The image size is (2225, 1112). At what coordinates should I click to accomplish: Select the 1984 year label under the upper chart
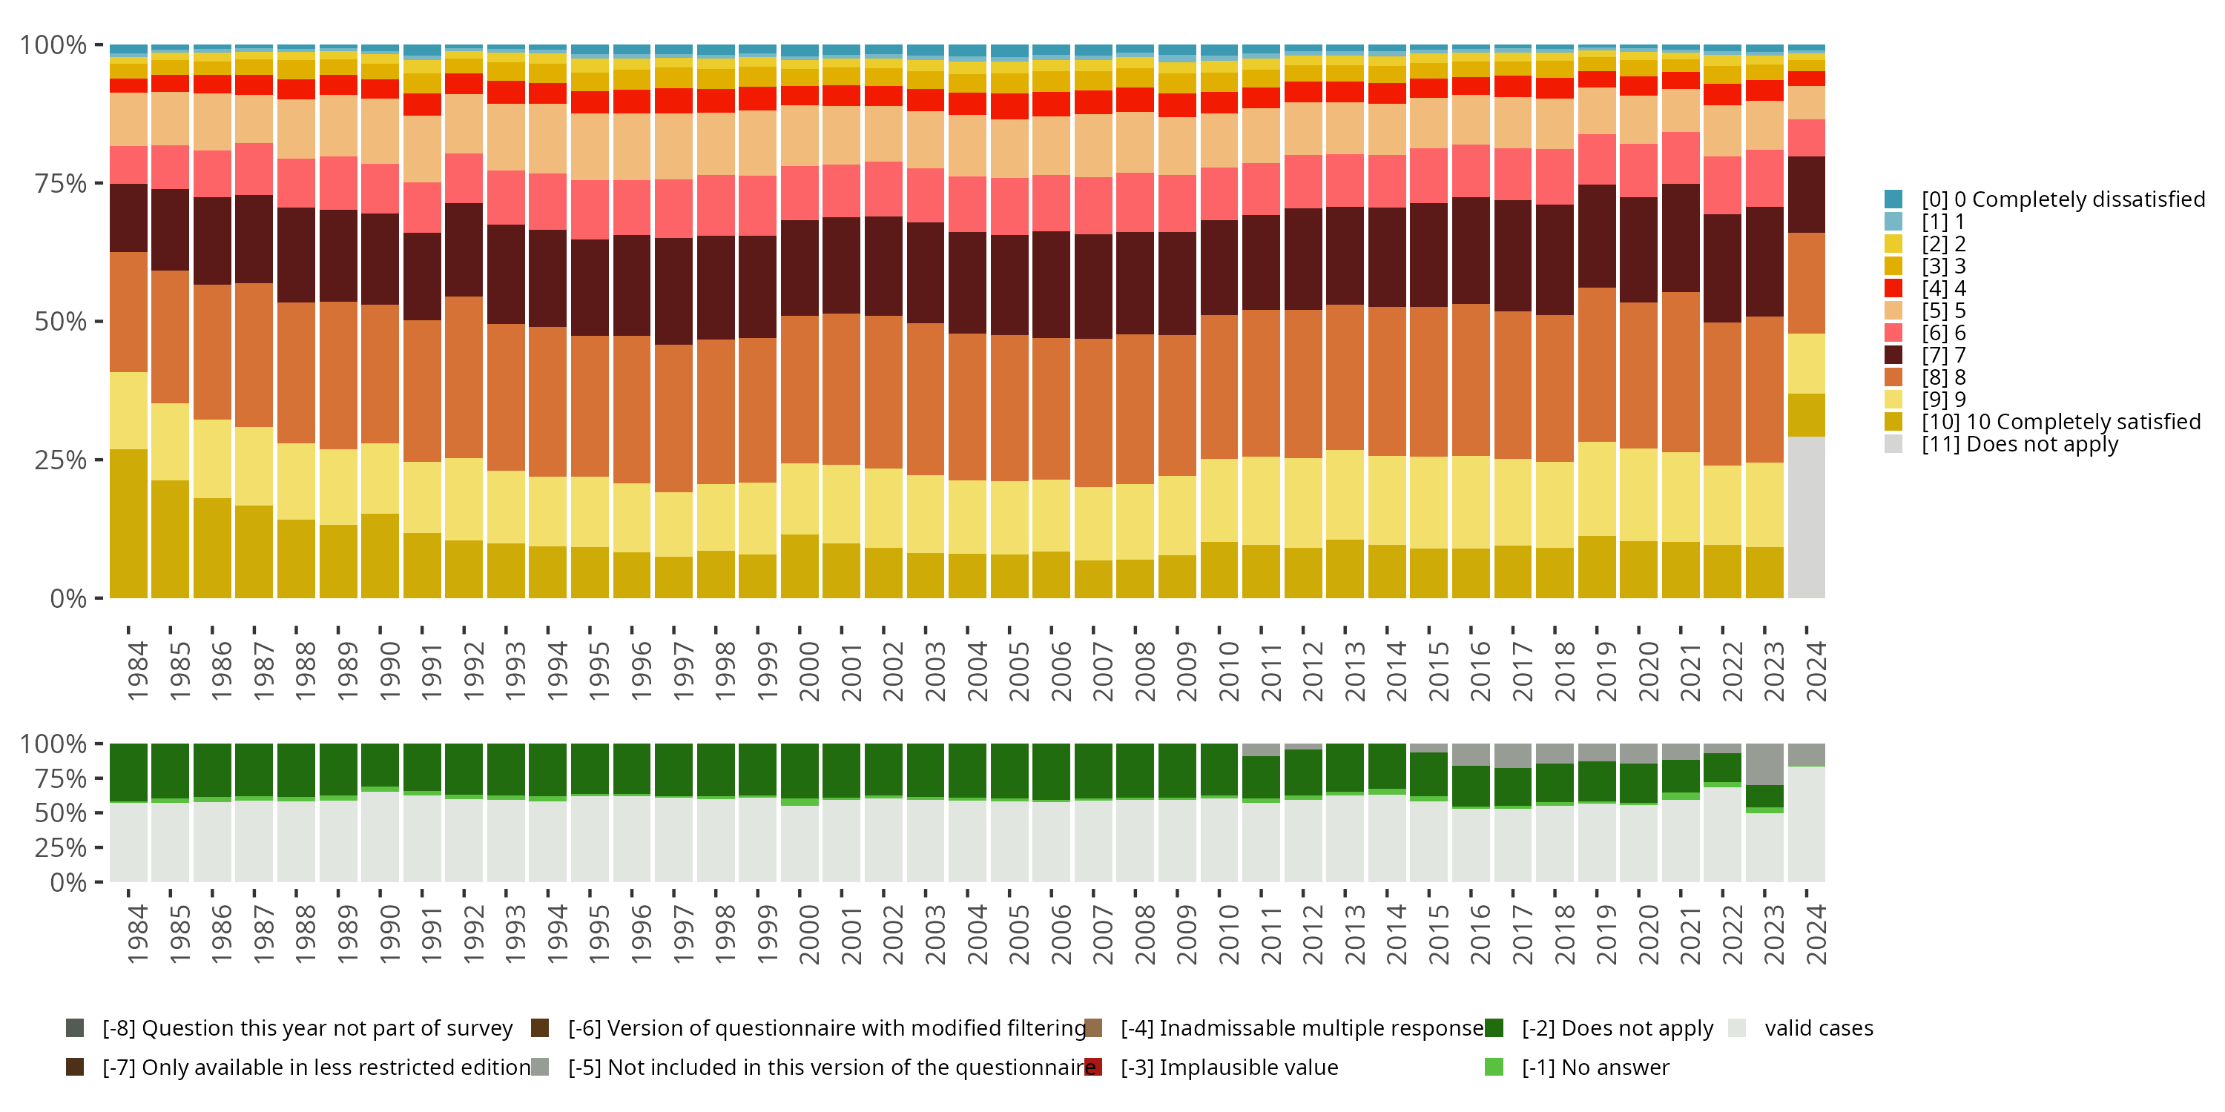[137, 671]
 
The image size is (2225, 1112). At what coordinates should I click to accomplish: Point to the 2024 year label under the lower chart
[1816, 934]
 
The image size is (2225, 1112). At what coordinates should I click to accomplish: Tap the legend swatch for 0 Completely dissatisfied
[1893, 199]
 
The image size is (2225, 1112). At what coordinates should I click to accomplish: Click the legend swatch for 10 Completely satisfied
[1893, 421]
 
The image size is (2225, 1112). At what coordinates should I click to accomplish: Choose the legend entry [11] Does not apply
[2020, 445]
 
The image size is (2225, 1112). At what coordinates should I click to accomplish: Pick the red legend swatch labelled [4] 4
[1893, 288]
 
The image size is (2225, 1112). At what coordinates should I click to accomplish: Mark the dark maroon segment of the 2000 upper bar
[799, 268]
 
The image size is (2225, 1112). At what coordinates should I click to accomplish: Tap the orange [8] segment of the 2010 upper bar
[1219, 387]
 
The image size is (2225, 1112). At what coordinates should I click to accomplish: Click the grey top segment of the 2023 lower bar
[1764, 764]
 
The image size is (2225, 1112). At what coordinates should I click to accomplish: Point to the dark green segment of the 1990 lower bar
[380, 765]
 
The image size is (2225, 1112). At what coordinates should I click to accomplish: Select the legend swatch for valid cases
[1737, 1028]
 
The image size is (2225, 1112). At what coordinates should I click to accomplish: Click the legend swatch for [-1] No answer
[1494, 1067]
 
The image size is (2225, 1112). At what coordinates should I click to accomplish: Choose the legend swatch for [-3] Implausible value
[1092, 1067]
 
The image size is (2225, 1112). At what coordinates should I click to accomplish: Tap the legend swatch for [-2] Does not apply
[1494, 1028]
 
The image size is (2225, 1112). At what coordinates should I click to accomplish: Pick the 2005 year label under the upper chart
[1018, 671]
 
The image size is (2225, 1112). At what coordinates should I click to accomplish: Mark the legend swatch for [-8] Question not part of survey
[75, 1028]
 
